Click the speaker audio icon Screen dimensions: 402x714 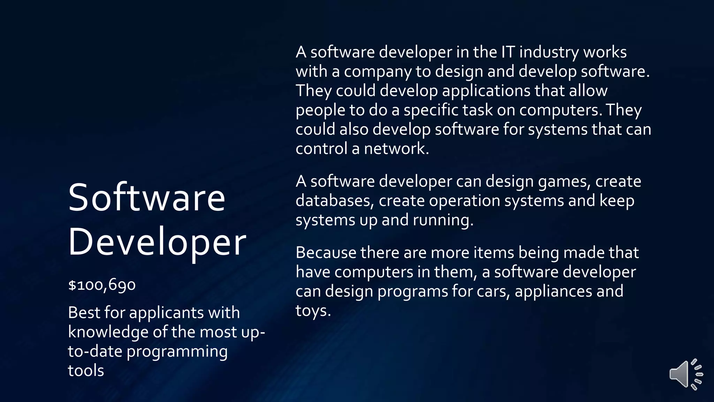(x=685, y=374)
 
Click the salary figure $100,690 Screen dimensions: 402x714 (x=102, y=285)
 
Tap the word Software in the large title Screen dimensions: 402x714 (x=147, y=198)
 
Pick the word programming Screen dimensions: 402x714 (x=177, y=352)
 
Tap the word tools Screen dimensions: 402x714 (x=86, y=371)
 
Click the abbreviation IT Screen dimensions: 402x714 (x=508, y=52)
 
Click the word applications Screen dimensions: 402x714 (x=486, y=91)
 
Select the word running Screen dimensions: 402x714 (x=443, y=220)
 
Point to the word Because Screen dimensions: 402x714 (x=326, y=253)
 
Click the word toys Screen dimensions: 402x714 (x=313, y=311)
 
